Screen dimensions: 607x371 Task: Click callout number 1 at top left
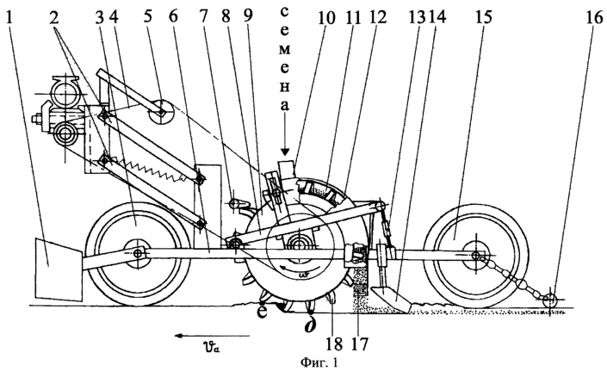[9, 18]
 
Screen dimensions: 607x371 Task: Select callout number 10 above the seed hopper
[326, 17]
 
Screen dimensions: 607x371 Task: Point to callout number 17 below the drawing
[360, 343]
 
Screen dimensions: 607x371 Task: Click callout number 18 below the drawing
[334, 343]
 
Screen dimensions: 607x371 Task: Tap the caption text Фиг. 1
[319, 363]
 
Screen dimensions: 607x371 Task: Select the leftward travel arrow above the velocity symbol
[212, 336]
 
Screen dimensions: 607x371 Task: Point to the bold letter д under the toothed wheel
[310, 325]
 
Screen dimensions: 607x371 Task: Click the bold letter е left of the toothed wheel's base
[263, 312]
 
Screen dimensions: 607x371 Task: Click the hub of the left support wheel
[138, 254]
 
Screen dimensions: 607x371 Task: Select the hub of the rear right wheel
[476, 255]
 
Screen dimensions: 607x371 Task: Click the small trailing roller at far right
[549, 300]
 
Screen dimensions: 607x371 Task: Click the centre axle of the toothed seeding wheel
[300, 244]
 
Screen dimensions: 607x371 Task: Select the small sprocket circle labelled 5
[161, 111]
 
